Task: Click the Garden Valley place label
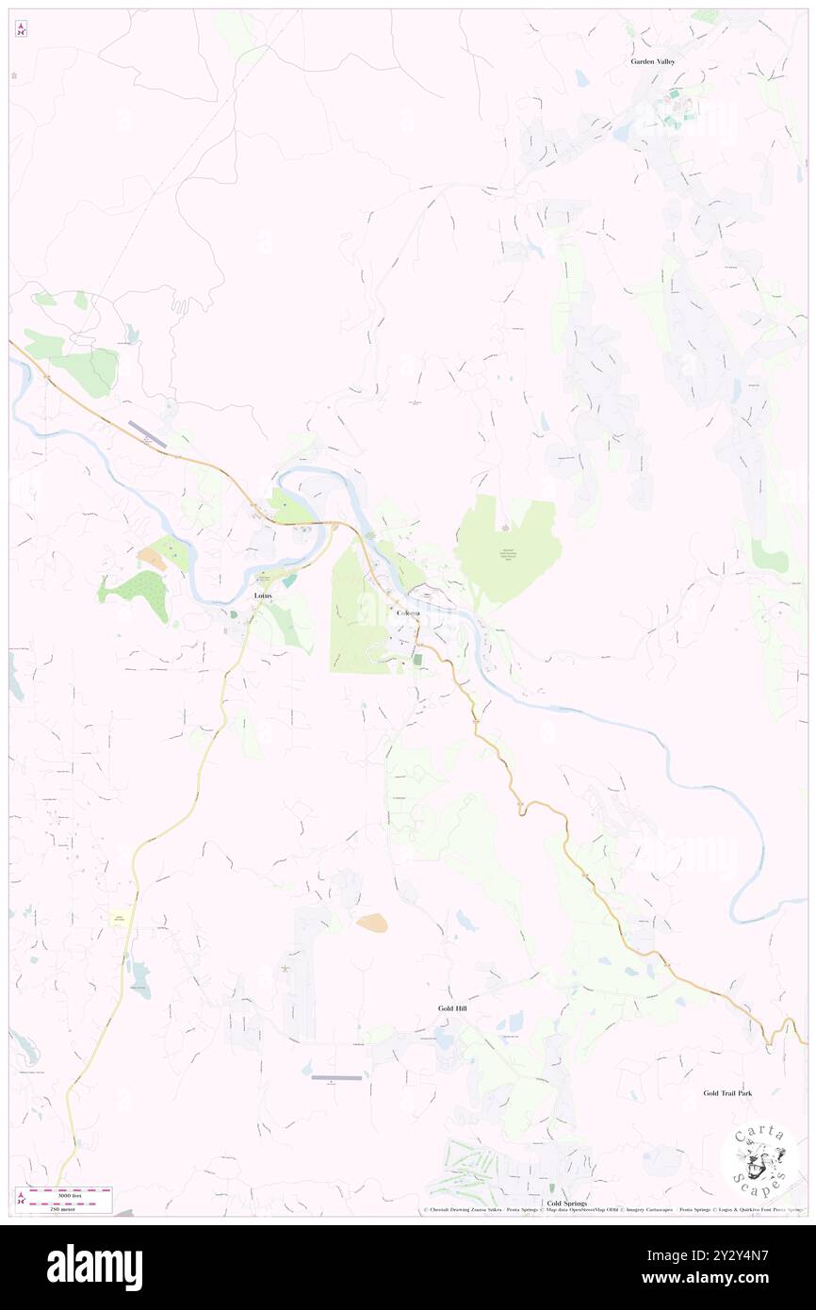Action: [653, 61]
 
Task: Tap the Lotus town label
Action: [263, 597]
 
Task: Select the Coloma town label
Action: [407, 614]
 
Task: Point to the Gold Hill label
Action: [452, 1008]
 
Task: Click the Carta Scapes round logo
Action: [759, 1158]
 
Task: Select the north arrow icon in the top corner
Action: [21, 30]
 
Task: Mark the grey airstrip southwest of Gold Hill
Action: [336, 1077]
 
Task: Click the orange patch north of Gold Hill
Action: [371, 924]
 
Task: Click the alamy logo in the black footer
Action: [94, 1268]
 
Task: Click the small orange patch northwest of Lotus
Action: [151, 558]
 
